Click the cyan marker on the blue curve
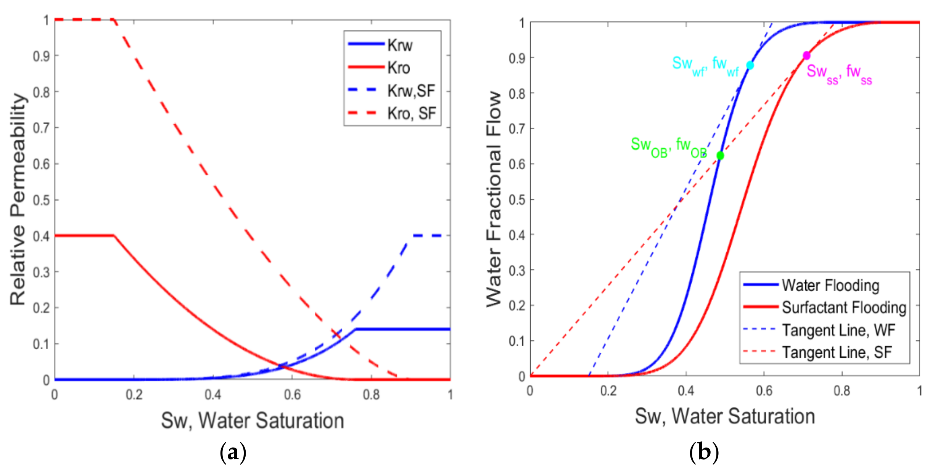[x=750, y=65]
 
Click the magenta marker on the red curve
[x=806, y=56]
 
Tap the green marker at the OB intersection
[x=720, y=156]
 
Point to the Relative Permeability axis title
[x=18, y=199]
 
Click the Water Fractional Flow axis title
[x=494, y=199]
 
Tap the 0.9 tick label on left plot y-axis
[x=41, y=56]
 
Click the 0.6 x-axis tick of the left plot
[x=292, y=395]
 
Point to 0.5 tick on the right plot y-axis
[x=516, y=200]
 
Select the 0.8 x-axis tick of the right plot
[x=842, y=391]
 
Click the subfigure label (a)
[x=233, y=452]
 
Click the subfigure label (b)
[x=704, y=452]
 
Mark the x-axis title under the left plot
[x=253, y=421]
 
